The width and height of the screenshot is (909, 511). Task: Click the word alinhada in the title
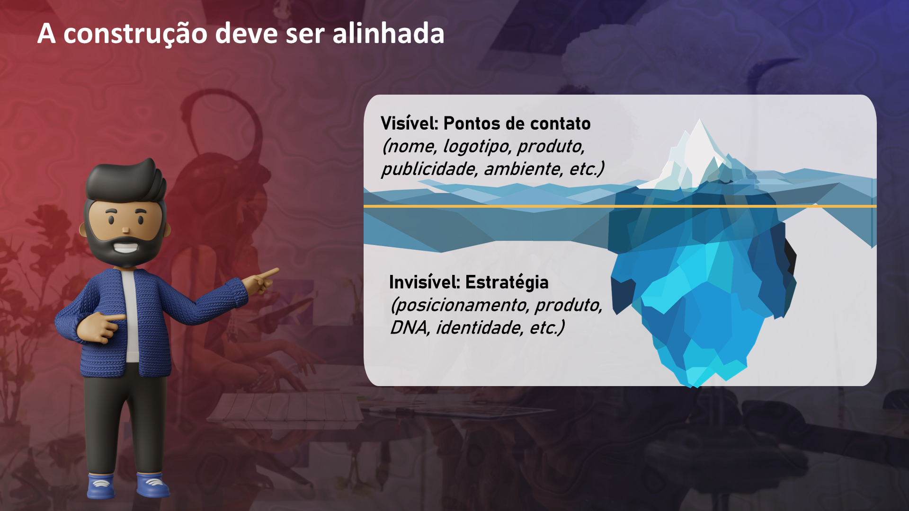[x=388, y=34]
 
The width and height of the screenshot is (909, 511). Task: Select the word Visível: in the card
[x=410, y=123]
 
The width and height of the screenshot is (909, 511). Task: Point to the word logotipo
[x=477, y=147]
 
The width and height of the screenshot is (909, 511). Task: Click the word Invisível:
[x=425, y=282]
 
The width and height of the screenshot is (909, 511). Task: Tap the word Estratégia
[x=507, y=282]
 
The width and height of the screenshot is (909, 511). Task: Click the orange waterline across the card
[x=620, y=206]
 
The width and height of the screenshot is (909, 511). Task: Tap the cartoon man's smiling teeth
[x=125, y=247]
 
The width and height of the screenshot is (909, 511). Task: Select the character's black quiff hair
[x=125, y=182]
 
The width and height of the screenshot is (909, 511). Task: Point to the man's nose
[x=125, y=230]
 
